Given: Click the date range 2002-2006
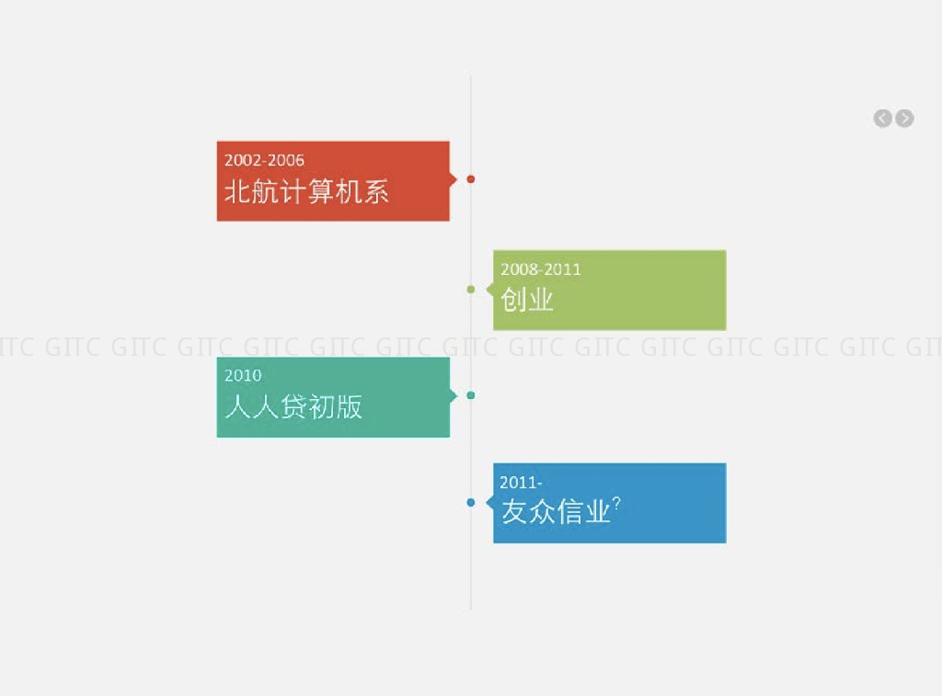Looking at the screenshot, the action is click(264, 160).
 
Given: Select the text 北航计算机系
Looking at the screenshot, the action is click(306, 191).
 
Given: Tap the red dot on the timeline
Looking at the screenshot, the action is click(471, 179).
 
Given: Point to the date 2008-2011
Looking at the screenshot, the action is click(541, 269).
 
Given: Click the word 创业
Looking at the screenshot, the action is click(527, 299).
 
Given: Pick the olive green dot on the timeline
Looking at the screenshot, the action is click(471, 290).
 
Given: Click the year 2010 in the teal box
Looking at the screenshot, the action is click(243, 375).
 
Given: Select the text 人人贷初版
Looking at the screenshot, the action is click(293, 406).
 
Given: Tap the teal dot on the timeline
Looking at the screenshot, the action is click(471, 395).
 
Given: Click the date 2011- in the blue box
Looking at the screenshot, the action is click(521, 483).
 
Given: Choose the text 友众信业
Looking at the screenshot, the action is click(556, 512).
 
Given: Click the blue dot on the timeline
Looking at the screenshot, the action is click(471, 502).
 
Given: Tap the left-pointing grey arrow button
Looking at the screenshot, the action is click(882, 118).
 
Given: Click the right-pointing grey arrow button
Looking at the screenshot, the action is click(905, 118).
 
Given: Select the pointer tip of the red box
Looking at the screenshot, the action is click(454, 179).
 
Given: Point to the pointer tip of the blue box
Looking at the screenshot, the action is click(488, 502).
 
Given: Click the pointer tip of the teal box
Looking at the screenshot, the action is click(454, 395).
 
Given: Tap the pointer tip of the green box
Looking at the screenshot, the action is click(488, 290).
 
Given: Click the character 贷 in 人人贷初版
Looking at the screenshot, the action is click(293, 406).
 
